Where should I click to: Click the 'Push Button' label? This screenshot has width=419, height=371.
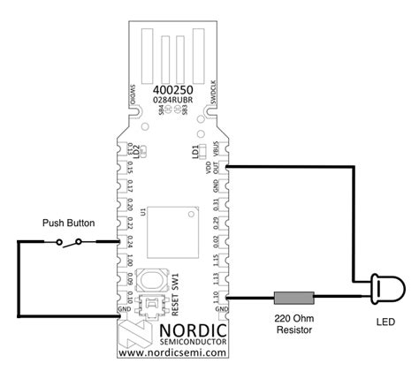(68, 224)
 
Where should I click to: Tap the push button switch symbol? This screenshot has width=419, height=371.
(68, 241)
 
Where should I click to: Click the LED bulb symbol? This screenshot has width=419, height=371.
(383, 287)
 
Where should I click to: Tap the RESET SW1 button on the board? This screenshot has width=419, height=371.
(154, 281)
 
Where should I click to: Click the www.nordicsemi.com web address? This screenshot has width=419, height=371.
(171, 353)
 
